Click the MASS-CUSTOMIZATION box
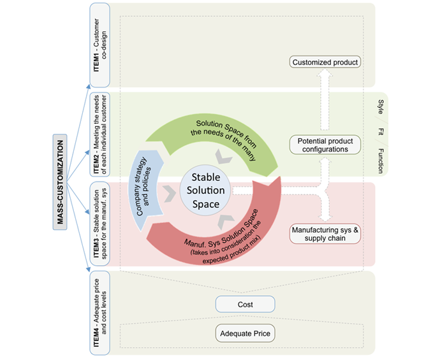(61, 180)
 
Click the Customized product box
(325, 62)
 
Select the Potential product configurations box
(325, 145)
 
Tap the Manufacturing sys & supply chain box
(325, 233)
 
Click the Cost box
(245, 305)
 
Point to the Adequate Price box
(245, 333)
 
